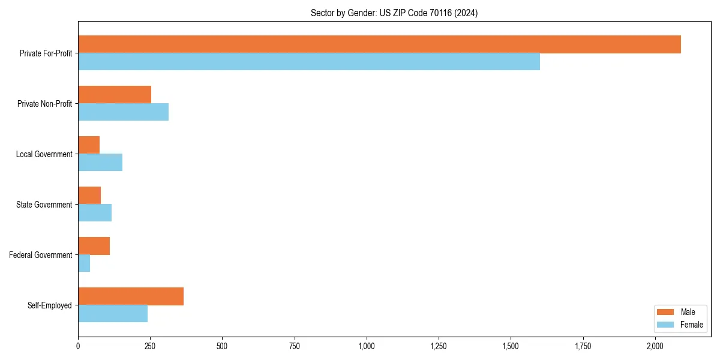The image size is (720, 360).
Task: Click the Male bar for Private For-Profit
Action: pos(379,44)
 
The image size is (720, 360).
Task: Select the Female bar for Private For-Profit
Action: pos(309,62)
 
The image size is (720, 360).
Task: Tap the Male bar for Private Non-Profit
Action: pos(115,95)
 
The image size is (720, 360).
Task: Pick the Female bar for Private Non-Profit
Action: pos(123,112)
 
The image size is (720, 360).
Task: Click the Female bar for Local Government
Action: pos(100,163)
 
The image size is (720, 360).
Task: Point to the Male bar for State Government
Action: pos(89,196)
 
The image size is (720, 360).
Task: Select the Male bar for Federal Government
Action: pos(94,246)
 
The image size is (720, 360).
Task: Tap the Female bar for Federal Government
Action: pos(84,263)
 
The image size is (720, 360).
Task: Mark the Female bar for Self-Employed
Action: pos(113,314)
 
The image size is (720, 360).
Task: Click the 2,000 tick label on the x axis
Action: pos(655,346)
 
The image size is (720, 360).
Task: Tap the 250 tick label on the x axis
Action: pos(150,346)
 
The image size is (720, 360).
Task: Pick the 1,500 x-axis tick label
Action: pos(511,346)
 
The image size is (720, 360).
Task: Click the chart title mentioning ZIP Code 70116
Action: pos(394,13)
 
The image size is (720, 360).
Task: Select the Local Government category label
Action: pos(44,154)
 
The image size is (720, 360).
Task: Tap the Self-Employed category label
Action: pos(50,305)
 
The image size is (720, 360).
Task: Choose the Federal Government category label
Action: pos(41,255)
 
